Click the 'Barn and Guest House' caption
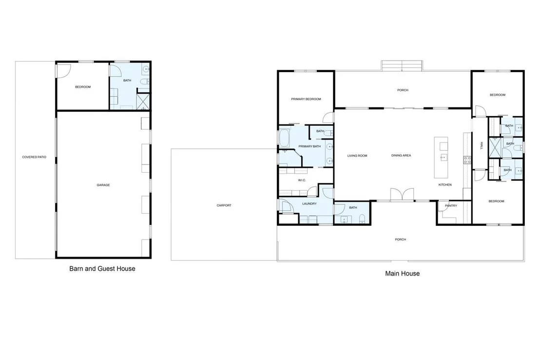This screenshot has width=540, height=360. (102, 269)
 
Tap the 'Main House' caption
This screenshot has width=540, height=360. (402, 274)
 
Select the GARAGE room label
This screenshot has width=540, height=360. (103, 185)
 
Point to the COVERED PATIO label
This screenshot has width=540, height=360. (34, 157)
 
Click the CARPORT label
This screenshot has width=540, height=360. (224, 205)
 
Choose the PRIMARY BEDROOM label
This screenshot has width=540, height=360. (306, 100)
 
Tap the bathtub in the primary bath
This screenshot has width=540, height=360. (285, 138)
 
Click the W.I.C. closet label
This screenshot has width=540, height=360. (302, 180)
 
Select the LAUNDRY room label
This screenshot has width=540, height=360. (309, 204)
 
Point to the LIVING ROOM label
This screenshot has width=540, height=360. (357, 156)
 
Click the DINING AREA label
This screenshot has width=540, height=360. (401, 156)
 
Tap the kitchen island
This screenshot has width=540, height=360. (441, 158)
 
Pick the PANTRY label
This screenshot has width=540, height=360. (451, 206)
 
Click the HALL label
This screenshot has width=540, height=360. (482, 146)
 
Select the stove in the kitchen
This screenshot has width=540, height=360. (467, 160)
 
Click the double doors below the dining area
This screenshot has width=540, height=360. (402, 195)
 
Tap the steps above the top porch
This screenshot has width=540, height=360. (402, 66)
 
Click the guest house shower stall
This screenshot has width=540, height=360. (143, 102)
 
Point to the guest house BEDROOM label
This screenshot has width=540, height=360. (83, 87)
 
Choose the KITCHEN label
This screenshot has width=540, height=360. (445, 185)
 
